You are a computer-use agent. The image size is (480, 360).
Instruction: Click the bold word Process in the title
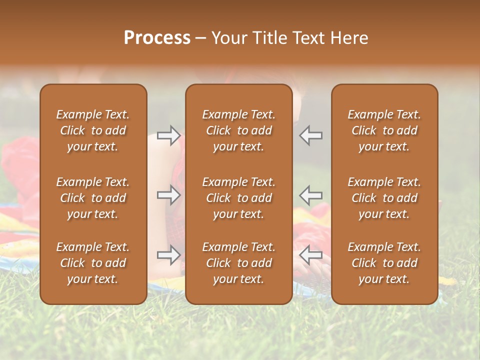[x=157, y=38]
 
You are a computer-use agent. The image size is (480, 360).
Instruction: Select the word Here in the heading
[x=349, y=38]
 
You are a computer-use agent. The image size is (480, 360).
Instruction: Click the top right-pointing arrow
[x=168, y=135]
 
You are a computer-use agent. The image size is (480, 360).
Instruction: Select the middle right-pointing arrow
[x=168, y=195]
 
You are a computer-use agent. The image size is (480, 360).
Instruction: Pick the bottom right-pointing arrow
[x=168, y=255]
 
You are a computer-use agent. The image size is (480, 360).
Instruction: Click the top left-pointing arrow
[x=311, y=135]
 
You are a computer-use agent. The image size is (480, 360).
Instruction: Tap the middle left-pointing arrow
[x=311, y=195]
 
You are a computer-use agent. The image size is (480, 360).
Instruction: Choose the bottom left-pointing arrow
[x=311, y=255]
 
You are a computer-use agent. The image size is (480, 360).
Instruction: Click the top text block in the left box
[x=93, y=130]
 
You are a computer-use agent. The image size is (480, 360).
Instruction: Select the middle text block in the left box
[x=93, y=198]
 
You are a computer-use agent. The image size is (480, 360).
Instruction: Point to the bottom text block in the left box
[x=93, y=263]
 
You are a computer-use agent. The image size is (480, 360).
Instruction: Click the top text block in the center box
[x=239, y=130]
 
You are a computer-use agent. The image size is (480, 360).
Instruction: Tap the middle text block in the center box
[x=239, y=198]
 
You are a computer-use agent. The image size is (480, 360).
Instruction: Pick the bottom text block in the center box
[x=239, y=263]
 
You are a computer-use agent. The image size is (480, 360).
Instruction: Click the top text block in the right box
[x=384, y=130]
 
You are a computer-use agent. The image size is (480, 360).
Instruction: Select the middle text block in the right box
[x=384, y=198]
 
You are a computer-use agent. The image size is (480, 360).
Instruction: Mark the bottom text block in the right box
[x=384, y=263]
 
